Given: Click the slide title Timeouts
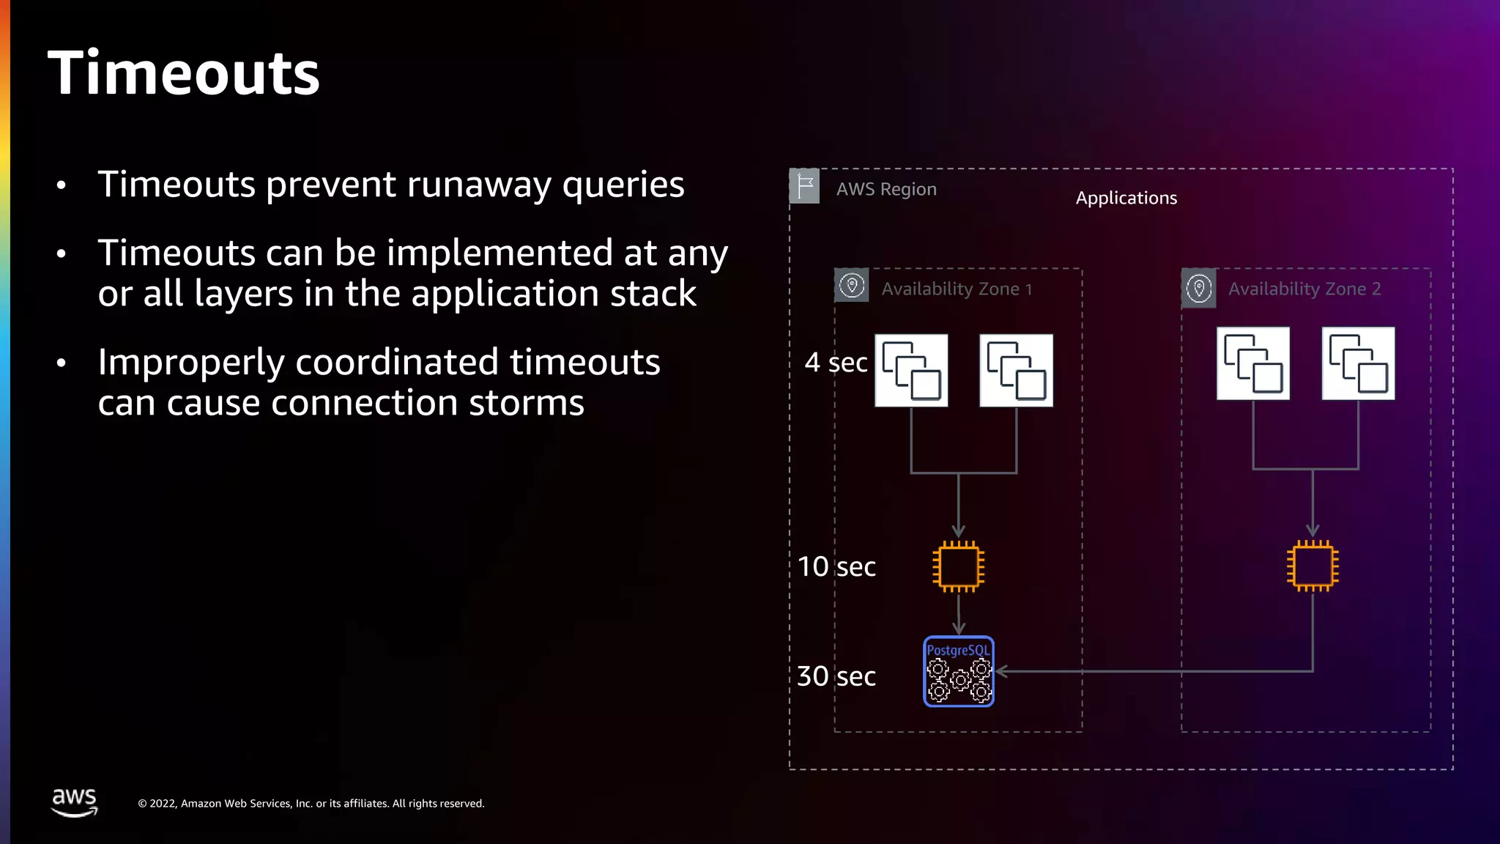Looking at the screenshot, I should coord(183,73).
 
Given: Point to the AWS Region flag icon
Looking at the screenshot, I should coord(804,186).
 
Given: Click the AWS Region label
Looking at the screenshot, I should coord(886,189).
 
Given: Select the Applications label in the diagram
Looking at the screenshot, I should coord(1126,198).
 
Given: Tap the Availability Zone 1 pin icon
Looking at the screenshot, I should coord(851,286).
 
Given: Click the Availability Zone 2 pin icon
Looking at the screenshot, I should coord(1198,288).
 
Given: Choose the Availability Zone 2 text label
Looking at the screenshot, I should coord(1304,289).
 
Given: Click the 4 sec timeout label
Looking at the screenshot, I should coord(836,363).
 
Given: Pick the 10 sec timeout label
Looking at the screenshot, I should coord(836,566).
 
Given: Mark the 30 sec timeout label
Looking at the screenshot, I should coord(836,676).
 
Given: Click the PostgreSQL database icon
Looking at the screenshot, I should coord(958,671).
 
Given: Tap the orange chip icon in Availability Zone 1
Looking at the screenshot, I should coord(958,566).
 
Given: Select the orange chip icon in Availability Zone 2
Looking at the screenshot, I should coord(1312,566).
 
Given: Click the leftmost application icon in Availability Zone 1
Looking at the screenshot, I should coord(911,371).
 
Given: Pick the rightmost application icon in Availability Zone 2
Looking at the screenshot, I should coord(1358,363).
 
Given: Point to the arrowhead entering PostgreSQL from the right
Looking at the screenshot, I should coord(1001,671).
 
